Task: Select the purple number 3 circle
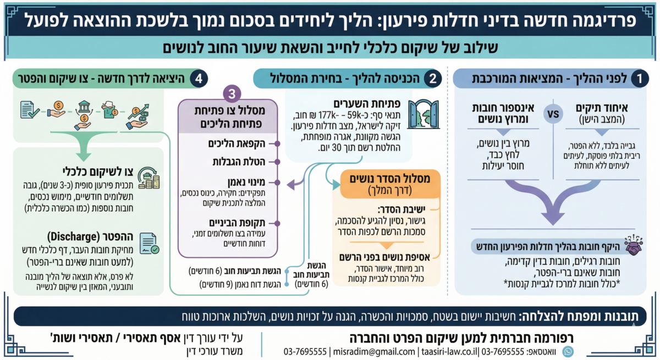[232, 94]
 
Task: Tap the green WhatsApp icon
[568, 351]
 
